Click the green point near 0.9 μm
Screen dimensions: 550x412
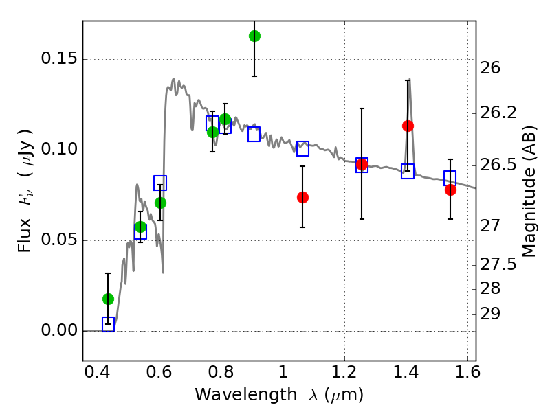(x=254, y=36)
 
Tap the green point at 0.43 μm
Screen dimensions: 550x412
(x=108, y=299)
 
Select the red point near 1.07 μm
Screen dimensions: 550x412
(x=302, y=198)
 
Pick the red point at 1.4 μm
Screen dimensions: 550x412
(x=408, y=126)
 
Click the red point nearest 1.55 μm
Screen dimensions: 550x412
(x=450, y=190)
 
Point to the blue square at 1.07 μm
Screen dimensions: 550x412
(x=302, y=148)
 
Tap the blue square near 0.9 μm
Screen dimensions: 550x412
(x=254, y=134)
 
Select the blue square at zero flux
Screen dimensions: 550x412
(x=108, y=324)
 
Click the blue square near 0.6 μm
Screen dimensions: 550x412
(x=160, y=183)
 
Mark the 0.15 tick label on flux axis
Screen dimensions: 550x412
(x=59, y=58)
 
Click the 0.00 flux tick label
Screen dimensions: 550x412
(x=59, y=330)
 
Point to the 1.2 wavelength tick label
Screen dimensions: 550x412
(x=344, y=371)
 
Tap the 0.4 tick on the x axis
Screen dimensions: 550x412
(x=97, y=371)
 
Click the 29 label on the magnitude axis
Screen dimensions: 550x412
(x=489, y=314)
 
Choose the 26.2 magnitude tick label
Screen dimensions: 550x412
(x=498, y=113)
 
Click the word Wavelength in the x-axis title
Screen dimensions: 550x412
(x=246, y=395)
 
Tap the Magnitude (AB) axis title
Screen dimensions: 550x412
(x=529, y=192)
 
